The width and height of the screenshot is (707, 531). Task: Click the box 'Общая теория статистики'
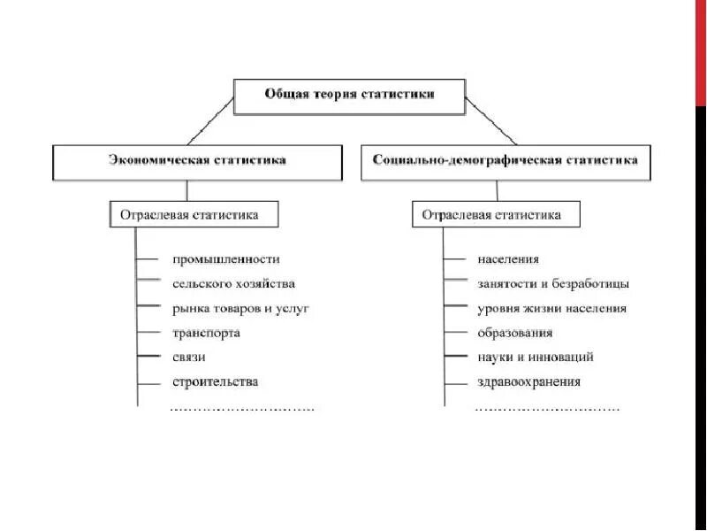coord(349,96)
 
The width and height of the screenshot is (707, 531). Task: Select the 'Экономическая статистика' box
coord(197,162)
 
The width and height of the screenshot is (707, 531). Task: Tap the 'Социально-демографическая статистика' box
coord(506,162)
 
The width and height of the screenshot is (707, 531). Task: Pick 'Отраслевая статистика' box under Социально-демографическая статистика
coord(498,214)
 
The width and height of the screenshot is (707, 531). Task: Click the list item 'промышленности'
coord(226,259)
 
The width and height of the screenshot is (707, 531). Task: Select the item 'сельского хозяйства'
coord(234,284)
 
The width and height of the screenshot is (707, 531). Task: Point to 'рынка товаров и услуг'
coord(240,309)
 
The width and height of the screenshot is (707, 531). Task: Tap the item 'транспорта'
coord(207,334)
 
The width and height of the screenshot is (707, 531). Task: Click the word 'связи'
coord(190,358)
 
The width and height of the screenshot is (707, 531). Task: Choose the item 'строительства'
coord(216,382)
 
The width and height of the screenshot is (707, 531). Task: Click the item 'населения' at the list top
coord(508,259)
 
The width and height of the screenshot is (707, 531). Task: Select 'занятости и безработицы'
coord(553,284)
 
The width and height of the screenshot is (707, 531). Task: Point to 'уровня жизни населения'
coord(551,309)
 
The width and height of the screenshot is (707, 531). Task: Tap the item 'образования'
coord(515,334)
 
